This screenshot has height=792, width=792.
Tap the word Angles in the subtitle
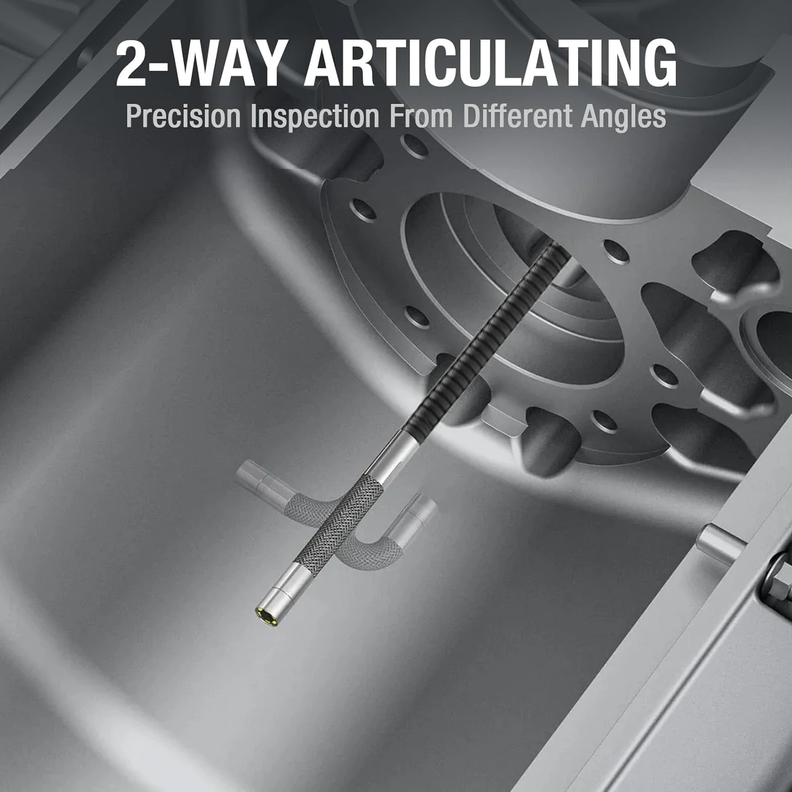click(x=623, y=117)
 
